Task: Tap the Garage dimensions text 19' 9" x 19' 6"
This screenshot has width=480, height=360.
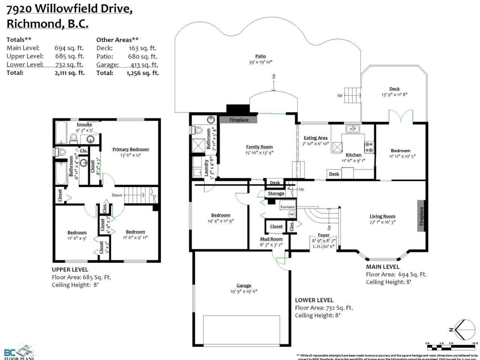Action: (244, 292)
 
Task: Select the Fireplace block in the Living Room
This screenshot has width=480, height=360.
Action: (421, 216)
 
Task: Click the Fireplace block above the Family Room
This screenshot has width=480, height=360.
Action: (239, 120)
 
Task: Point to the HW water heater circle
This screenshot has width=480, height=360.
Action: (291, 214)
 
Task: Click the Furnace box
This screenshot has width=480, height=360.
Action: (287, 207)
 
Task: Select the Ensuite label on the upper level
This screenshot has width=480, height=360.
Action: (84, 124)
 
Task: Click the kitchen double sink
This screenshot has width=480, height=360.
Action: (353, 129)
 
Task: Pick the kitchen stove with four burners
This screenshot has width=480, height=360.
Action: (368, 146)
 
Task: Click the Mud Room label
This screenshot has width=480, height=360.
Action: (271, 239)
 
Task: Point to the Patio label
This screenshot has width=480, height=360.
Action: (260, 56)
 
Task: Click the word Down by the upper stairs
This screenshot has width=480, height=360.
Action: (117, 195)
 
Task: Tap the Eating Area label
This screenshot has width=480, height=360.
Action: (316, 138)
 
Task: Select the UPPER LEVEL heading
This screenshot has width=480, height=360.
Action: (70, 270)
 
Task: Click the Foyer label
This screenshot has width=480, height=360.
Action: (324, 235)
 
